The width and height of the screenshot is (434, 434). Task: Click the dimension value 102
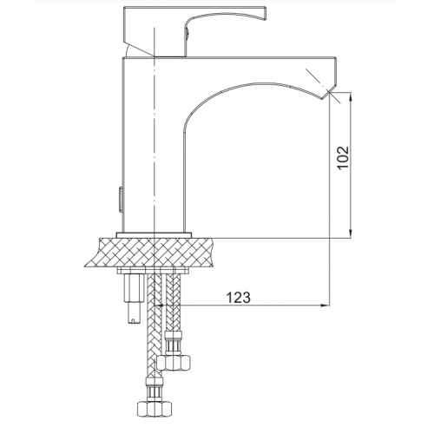344,158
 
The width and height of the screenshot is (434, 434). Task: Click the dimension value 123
238,297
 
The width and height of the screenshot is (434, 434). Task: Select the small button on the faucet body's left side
119,201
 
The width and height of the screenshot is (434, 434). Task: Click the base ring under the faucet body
154,235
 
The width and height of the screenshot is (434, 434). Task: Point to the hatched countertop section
151,253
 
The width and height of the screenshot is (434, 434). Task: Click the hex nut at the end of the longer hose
154,408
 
